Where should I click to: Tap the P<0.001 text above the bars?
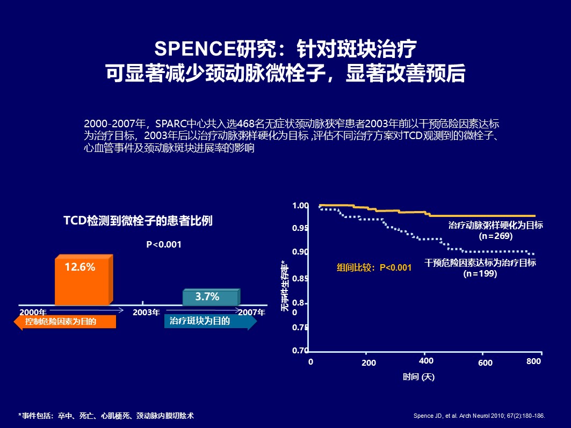tap(164, 245)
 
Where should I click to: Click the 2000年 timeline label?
tap(33, 312)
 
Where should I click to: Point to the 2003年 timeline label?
tap(146, 312)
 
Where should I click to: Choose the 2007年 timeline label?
tap(251, 312)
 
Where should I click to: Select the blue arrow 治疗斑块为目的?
tap(207, 322)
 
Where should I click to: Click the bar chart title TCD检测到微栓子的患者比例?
tap(138, 221)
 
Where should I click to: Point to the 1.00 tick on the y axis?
tap(300, 206)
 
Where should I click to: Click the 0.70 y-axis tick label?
tap(300, 351)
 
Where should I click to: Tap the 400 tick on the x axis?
tap(425, 360)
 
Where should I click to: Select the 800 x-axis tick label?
tap(533, 361)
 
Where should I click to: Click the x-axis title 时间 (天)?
tap(419, 377)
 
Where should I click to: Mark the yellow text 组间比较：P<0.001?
tap(374, 267)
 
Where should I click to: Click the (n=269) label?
tap(495, 236)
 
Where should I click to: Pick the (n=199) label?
tap(480, 273)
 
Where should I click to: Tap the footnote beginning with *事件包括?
tap(106, 416)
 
